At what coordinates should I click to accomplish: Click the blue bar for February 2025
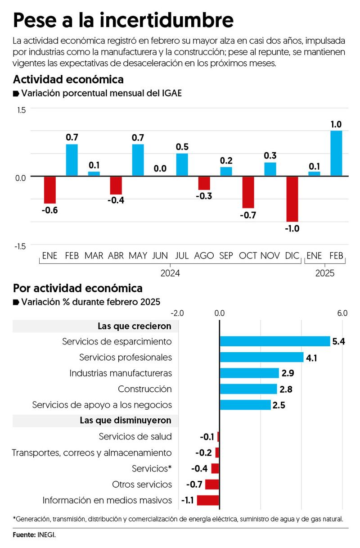click(x=336, y=153)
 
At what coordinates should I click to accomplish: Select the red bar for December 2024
click(x=292, y=199)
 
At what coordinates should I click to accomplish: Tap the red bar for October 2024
click(x=248, y=192)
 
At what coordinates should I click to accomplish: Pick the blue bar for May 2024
click(x=138, y=160)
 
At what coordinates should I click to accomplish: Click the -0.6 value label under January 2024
click(x=49, y=210)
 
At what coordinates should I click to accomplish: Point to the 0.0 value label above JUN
click(x=160, y=169)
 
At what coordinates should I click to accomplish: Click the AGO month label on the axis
click(x=204, y=256)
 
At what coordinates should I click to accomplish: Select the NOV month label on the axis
click(x=270, y=256)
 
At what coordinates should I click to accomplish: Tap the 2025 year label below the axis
click(x=325, y=273)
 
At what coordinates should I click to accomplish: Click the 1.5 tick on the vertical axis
click(x=21, y=110)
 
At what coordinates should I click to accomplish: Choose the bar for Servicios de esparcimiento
click(x=274, y=341)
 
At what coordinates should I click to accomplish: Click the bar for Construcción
click(x=248, y=389)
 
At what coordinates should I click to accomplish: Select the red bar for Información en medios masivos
click(x=208, y=500)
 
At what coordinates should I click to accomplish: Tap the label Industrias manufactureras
click(x=121, y=373)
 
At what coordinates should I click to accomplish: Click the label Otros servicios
click(x=142, y=484)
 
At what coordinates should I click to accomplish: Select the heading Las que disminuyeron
click(x=125, y=421)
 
